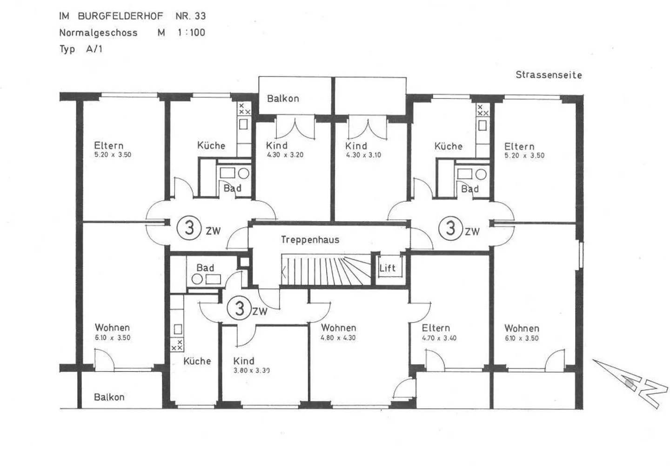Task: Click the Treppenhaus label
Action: pyautogui.click(x=310, y=240)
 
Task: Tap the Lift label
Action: pyautogui.click(x=387, y=268)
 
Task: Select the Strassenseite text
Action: pyautogui.click(x=549, y=75)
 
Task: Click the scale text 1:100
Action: pyautogui.click(x=191, y=33)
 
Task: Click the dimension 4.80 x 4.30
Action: pyautogui.click(x=338, y=338)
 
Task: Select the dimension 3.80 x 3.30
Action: pyautogui.click(x=251, y=370)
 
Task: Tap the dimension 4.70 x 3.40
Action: pyautogui.click(x=439, y=338)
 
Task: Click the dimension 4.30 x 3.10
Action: pyautogui.click(x=363, y=155)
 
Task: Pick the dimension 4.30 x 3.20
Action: pyautogui.click(x=285, y=155)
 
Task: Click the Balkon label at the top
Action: pyautogui.click(x=283, y=98)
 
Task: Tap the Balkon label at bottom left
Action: pyautogui.click(x=109, y=397)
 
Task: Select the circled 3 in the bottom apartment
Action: pyautogui.click(x=240, y=308)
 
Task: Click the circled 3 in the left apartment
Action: pyautogui.click(x=189, y=228)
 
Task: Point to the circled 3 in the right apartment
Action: pyautogui.click(x=450, y=228)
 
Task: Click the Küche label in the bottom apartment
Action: pyautogui.click(x=197, y=361)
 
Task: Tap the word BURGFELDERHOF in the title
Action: pyautogui.click(x=121, y=16)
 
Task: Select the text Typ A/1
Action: pyautogui.click(x=80, y=49)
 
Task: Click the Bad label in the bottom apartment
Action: pyautogui.click(x=205, y=268)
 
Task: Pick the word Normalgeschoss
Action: pyautogui.click(x=98, y=33)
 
